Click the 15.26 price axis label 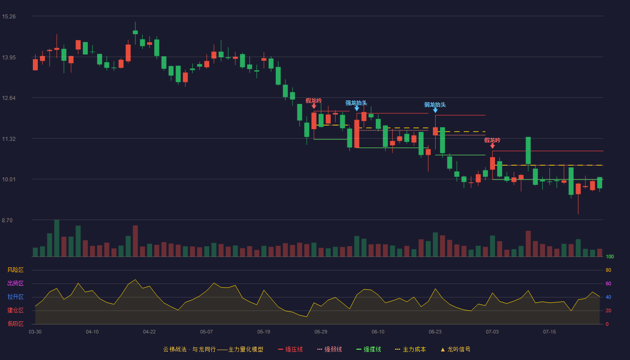coord(9,17)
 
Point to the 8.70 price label coord(7,220)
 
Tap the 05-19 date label coord(264,332)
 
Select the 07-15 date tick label coord(549,332)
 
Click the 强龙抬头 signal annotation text coord(356,103)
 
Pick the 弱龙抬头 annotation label coord(435,105)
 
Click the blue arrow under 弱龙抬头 coord(436,111)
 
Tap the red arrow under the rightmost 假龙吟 coord(492,146)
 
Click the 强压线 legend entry coord(290,349)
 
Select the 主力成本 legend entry coord(410,349)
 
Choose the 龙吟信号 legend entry coord(455,349)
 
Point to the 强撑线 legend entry coord(369,349)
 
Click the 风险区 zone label coord(15,270)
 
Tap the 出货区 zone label coord(15,283)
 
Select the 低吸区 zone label coord(15,324)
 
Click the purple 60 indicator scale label coord(608,283)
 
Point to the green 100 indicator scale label coord(610,256)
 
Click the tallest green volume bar coord(57,238)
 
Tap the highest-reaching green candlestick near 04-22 coord(135,32)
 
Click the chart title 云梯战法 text coord(175,349)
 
